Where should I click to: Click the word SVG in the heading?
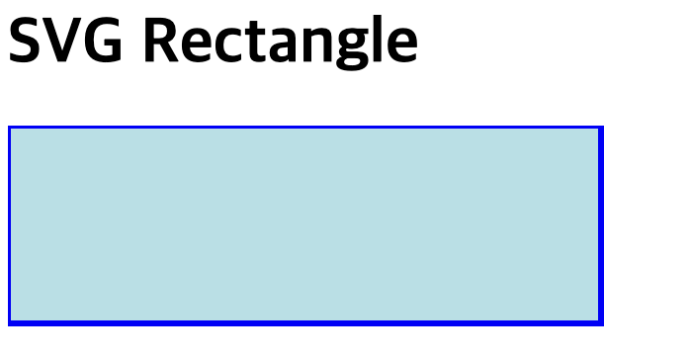pos(65,41)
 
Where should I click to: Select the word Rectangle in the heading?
pos(281,43)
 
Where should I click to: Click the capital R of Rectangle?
pos(161,41)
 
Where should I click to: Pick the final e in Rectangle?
pos(401,46)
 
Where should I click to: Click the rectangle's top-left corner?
pos(8,127)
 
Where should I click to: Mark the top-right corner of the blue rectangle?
pos(603,127)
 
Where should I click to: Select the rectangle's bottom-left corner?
pos(8,325)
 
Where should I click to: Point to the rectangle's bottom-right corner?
pos(603,325)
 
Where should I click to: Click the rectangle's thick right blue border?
pos(601,225)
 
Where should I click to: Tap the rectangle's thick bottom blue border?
pos(305,323)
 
